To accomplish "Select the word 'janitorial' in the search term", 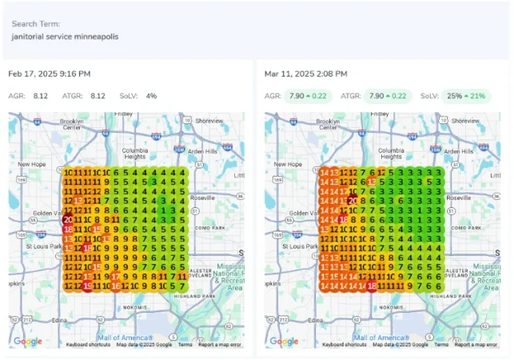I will [x=30, y=37].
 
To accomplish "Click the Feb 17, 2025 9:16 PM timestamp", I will [x=50, y=74].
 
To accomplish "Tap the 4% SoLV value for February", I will [x=151, y=96].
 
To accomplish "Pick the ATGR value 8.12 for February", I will [x=98, y=96].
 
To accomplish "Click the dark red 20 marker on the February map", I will [x=68, y=219].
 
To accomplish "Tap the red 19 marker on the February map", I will [x=87, y=286].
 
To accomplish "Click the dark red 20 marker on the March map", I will [x=353, y=200].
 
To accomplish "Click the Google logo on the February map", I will [x=28, y=342].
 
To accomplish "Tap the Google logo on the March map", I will [x=284, y=342].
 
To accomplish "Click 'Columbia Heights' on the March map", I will [x=389, y=155].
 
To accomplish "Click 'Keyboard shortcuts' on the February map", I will [x=88, y=345].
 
